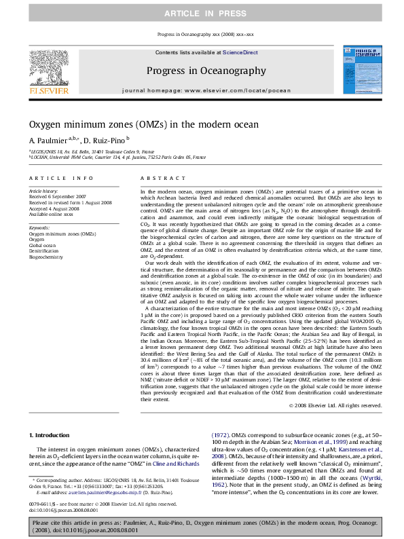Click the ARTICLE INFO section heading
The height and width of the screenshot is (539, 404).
(x=56, y=179)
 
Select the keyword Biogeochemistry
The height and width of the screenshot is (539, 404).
(x=45, y=257)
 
